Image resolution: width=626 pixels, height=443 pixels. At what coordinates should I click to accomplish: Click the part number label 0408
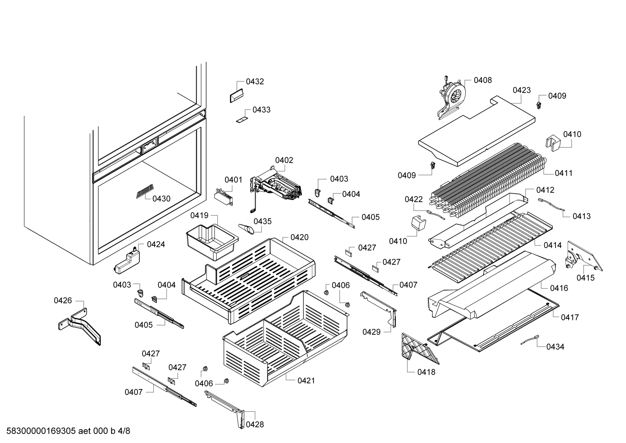click(x=482, y=80)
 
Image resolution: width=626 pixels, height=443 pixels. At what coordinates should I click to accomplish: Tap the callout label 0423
click(x=522, y=90)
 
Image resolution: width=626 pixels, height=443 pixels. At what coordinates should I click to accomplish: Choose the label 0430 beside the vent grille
click(x=161, y=199)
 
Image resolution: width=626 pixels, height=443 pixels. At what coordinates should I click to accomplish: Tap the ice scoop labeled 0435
click(x=247, y=228)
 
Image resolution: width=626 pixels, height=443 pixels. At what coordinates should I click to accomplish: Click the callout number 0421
click(x=306, y=381)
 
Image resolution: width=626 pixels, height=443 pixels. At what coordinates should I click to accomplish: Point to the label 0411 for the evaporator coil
click(x=564, y=173)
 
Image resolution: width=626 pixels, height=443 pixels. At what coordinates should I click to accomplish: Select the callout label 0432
click(x=255, y=82)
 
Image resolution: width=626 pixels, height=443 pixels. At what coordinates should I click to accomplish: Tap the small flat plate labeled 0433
click(x=242, y=120)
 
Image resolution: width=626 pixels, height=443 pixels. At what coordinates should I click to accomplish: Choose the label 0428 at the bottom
click(x=255, y=425)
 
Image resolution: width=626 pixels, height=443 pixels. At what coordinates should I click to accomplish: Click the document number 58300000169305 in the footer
click(x=41, y=431)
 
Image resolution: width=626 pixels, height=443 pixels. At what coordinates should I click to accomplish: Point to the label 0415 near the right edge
click(x=585, y=278)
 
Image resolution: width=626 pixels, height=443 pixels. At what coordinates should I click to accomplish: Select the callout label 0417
click(x=570, y=317)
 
